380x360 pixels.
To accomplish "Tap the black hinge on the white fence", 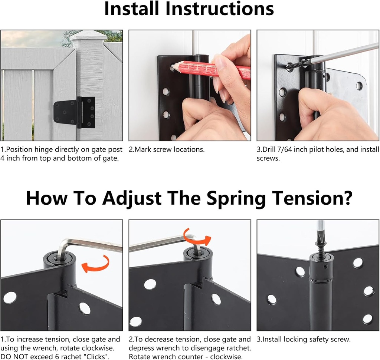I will tap(75, 112).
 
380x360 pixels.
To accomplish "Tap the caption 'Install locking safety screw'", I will tap(304, 339).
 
